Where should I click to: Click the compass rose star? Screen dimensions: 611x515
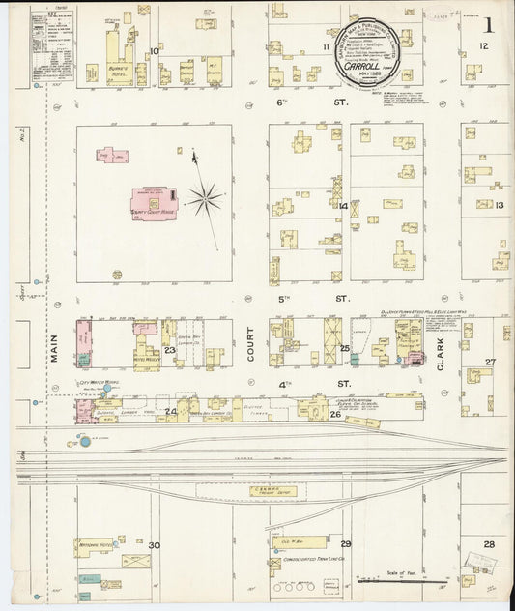coord(205,201)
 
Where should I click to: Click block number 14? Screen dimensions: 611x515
coord(342,205)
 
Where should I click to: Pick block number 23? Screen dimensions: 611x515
coord(169,350)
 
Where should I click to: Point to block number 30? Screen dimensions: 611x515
coord(154,546)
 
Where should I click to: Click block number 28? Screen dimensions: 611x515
coord(489,544)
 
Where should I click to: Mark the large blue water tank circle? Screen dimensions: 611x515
coord(85,442)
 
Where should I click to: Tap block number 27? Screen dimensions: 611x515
coord(490,363)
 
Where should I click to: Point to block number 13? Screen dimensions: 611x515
coord(500,205)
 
